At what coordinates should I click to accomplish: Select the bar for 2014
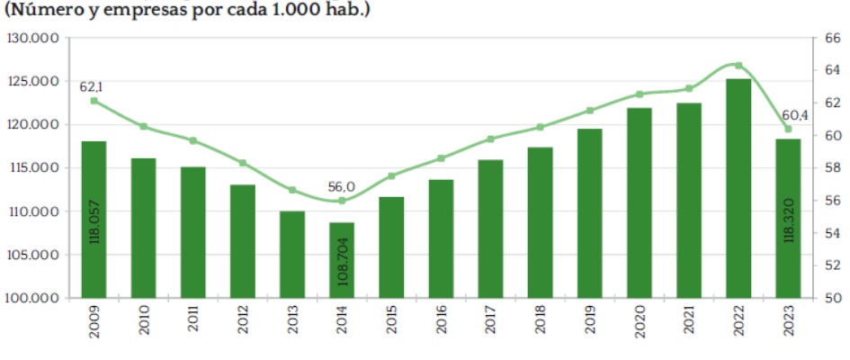tap(342, 260)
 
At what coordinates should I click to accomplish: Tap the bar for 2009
tap(94, 220)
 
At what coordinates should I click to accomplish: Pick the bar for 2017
tap(490, 229)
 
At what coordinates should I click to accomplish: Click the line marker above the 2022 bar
tap(738, 65)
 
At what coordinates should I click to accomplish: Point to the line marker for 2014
tap(342, 201)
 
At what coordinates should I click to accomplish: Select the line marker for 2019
tap(590, 111)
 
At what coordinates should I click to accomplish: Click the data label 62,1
tap(94, 85)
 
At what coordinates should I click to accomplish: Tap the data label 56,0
tap(342, 186)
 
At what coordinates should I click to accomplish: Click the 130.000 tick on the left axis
tap(32, 39)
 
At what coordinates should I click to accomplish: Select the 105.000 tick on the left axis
tap(32, 255)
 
